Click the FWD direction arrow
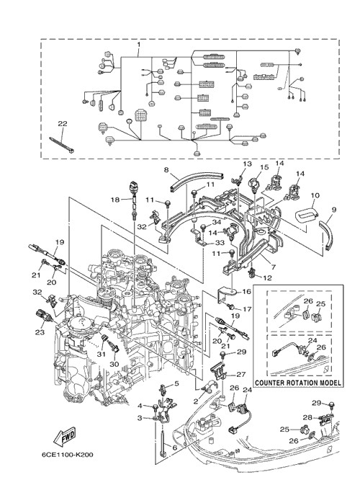[65, 437]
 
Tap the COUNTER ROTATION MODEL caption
[298, 383]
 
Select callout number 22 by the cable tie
[63, 123]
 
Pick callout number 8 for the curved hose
[166, 169]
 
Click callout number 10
[315, 195]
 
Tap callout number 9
[334, 210]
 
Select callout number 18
[115, 200]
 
